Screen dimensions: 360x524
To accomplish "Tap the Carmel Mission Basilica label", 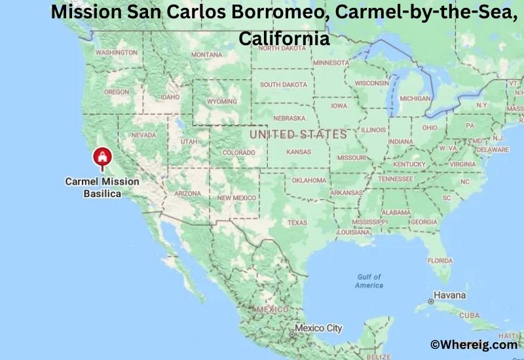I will (x=102, y=187).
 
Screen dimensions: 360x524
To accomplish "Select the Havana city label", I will (x=451, y=296).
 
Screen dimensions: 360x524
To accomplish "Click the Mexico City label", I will (x=318, y=327).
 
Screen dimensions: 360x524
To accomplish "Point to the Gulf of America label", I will (x=369, y=281).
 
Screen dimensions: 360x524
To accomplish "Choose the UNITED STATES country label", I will (x=298, y=134).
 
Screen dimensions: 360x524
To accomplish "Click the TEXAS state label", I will (x=297, y=223).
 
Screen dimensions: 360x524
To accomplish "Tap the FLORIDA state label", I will (x=440, y=261).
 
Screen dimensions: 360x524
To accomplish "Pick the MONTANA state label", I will (x=207, y=55).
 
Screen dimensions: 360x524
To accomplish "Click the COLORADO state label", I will (x=238, y=153).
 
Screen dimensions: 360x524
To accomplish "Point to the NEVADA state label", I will (x=143, y=135).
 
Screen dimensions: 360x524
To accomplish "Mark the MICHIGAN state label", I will (x=415, y=99).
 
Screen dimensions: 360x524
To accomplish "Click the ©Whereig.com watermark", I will (x=473, y=344).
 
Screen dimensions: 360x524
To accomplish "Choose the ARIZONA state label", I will (x=187, y=194).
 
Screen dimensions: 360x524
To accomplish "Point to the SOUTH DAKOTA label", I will (x=283, y=84).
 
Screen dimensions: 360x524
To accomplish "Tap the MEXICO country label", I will (x=272, y=308).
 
